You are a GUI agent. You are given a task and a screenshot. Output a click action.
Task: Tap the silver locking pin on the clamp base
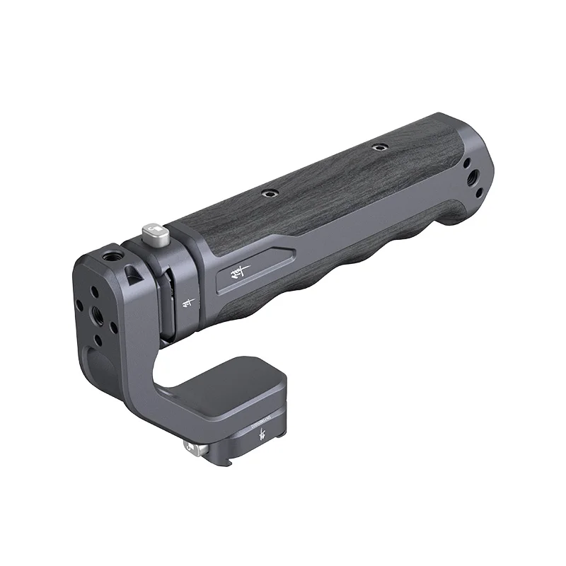[x=190, y=448]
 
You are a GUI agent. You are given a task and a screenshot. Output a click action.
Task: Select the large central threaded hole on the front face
[x=94, y=311]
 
